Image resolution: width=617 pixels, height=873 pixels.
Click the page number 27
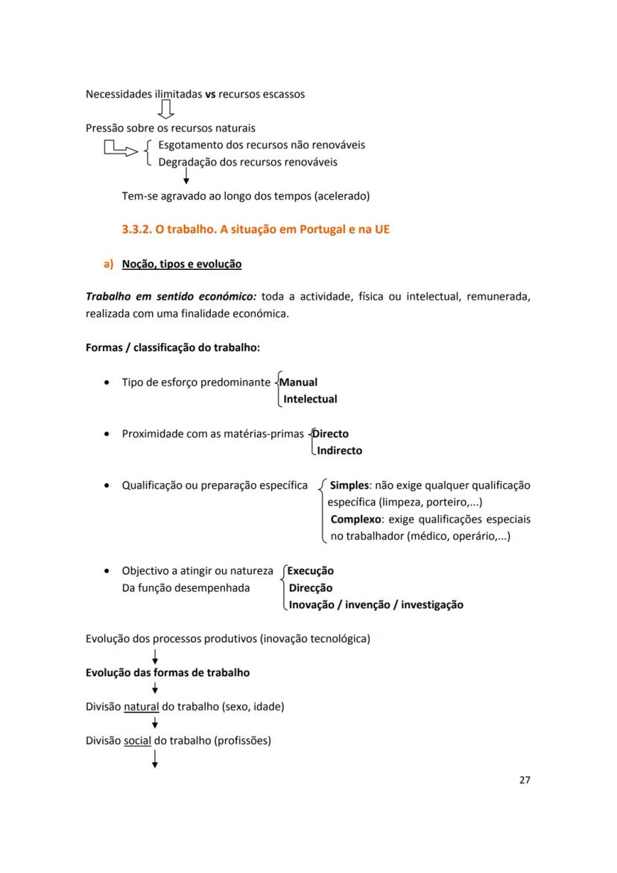pos(524,780)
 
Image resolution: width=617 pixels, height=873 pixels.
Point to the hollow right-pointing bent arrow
pos(121,148)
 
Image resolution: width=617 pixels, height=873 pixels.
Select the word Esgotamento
pos(189,145)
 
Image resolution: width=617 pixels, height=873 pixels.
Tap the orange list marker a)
pos(108,264)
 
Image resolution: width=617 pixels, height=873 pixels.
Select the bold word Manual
pos(298,382)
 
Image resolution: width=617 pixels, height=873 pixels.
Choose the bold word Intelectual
pos(310,399)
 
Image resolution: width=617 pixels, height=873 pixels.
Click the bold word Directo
pos(331,433)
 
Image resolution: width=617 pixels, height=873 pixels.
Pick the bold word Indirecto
pos(339,450)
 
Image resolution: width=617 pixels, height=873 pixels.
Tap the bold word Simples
pos(349,485)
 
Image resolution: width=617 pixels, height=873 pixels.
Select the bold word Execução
pos(310,571)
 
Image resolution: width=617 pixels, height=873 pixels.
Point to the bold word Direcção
pos(310,587)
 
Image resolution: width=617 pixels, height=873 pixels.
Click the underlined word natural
pos(141,706)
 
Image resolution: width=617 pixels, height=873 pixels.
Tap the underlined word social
pos(137,740)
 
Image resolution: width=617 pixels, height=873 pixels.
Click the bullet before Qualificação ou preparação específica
pos(108,485)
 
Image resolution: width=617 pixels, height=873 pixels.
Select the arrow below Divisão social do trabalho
pos(154,759)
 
